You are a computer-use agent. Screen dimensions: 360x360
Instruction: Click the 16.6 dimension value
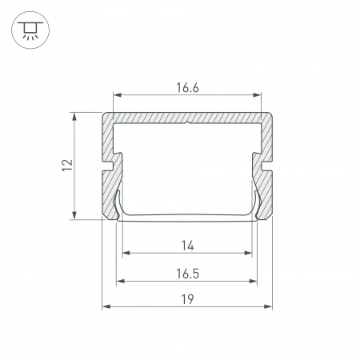187,88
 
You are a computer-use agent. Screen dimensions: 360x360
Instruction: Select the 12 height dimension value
67,166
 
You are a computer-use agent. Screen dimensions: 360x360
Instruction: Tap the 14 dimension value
187,246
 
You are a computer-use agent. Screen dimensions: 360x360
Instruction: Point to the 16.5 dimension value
187,274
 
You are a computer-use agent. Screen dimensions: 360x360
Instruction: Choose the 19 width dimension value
187,299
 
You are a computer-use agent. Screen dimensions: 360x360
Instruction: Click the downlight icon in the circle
30,30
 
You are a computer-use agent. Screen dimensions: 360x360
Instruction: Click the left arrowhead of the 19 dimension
106,306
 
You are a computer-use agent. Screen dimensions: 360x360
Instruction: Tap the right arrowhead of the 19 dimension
268,306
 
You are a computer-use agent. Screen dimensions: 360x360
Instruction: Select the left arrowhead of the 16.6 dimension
118,95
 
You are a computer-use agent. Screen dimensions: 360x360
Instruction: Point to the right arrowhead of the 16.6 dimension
257,95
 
